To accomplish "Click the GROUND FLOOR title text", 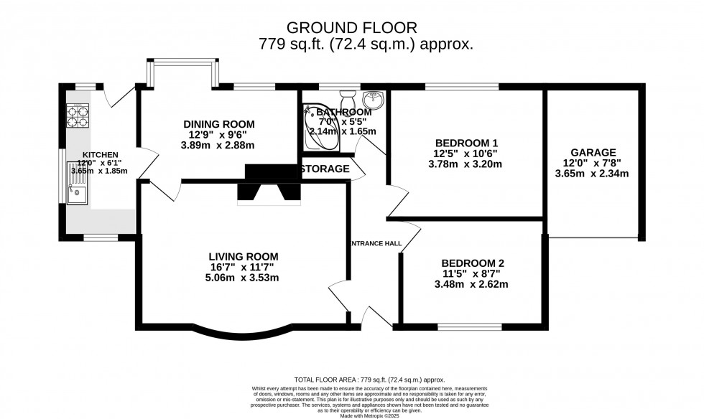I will pos(351,27).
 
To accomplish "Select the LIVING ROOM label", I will pos(244,256).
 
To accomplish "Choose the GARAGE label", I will pos(593,152).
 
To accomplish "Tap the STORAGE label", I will pos(325,169).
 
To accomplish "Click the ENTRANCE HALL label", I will pos(376,244).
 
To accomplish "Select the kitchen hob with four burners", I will pos(78,116).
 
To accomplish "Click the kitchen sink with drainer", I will pos(77,184).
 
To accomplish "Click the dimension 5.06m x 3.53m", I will pos(244,278).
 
